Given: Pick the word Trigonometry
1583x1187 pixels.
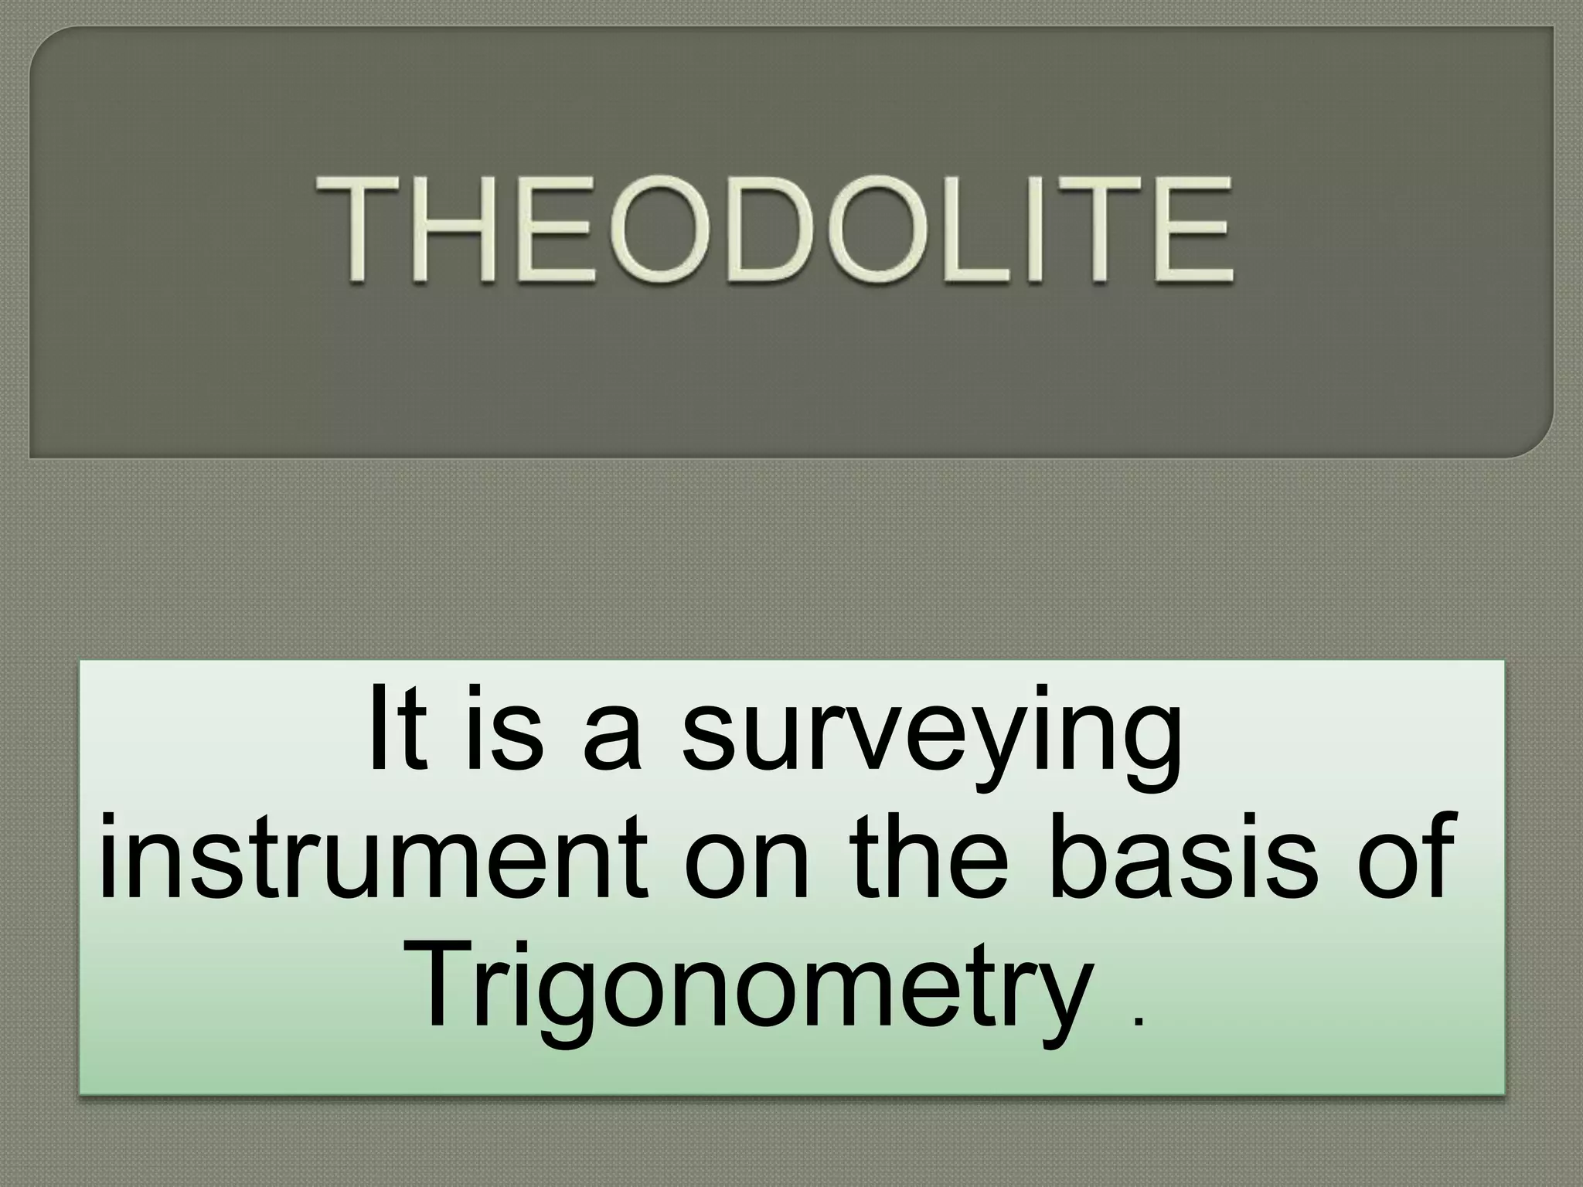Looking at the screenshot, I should tap(754, 985).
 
